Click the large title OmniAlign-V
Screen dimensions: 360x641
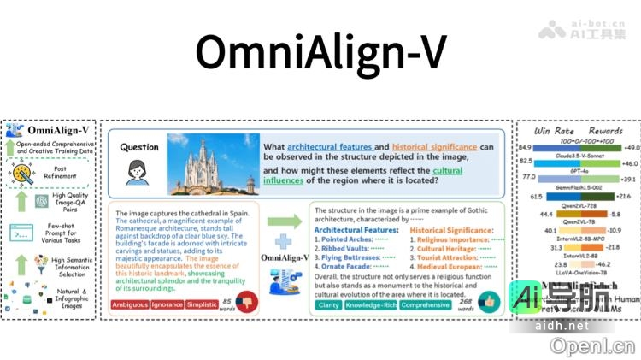tap(320, 53)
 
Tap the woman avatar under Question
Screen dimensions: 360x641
tap(138, 172)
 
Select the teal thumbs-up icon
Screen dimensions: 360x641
tap(488, 303)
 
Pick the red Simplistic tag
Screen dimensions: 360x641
tap(203, 304)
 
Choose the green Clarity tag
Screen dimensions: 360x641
tap(329, 304)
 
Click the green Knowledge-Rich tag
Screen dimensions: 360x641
tap(372, 304)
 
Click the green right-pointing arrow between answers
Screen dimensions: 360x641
tap(291, 221)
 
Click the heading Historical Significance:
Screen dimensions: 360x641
tap(452, 230)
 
